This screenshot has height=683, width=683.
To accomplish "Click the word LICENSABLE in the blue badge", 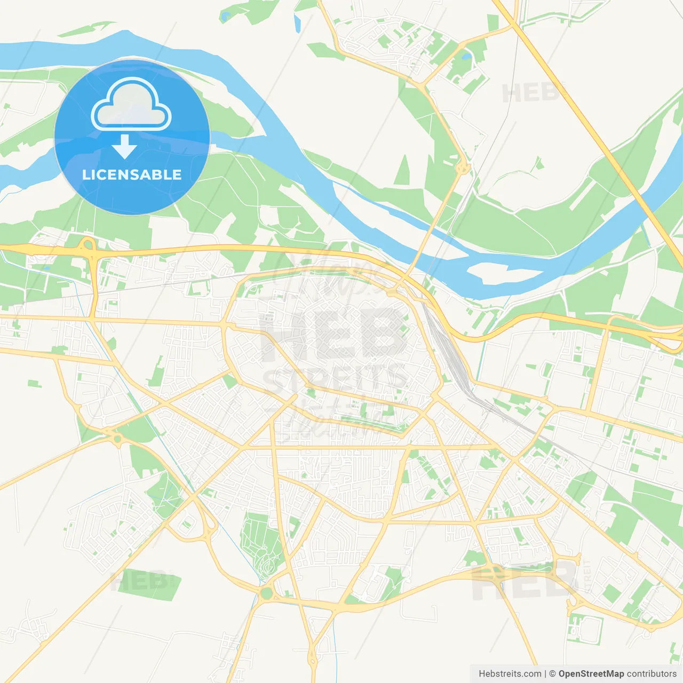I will [x=132, y=175].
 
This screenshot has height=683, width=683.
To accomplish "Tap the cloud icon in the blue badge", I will [x=131, y=106].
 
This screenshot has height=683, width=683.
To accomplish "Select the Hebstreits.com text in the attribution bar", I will [x=510, y=674].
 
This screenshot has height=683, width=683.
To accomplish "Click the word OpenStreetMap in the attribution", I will [x=591, y=674].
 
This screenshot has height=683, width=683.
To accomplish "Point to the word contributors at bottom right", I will [x=651, y=674].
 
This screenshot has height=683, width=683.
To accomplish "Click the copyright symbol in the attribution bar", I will [x=552, y=674].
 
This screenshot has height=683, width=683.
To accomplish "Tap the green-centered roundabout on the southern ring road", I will [x=266, y=593].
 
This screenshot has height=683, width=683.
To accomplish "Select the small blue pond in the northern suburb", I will [x=466, y=55].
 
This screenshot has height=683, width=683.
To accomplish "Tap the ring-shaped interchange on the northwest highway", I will [x=88, y=245].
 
